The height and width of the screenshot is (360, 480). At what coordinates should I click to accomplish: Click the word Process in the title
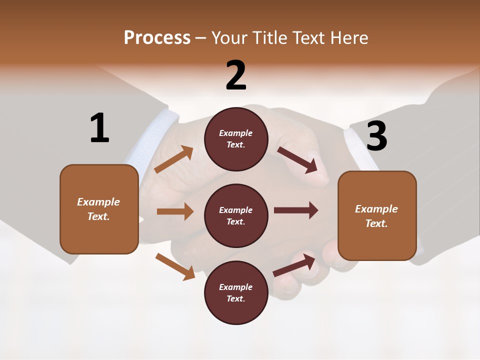157,37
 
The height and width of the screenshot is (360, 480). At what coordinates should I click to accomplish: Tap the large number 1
99,128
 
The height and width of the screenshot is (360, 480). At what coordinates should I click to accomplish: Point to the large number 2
236,75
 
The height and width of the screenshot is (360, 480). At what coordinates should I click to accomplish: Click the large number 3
376,136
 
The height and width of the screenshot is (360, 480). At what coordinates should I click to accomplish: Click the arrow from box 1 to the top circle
173,159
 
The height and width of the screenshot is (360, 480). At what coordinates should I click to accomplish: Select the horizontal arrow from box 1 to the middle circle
175,211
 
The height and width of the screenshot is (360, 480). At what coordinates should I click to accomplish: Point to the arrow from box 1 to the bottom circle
175,266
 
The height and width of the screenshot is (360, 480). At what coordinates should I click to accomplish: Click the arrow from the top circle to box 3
297,160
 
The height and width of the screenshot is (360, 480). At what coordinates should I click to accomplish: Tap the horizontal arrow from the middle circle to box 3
295,210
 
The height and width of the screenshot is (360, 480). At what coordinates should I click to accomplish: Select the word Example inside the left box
98,202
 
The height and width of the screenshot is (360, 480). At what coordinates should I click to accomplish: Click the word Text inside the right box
376,223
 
